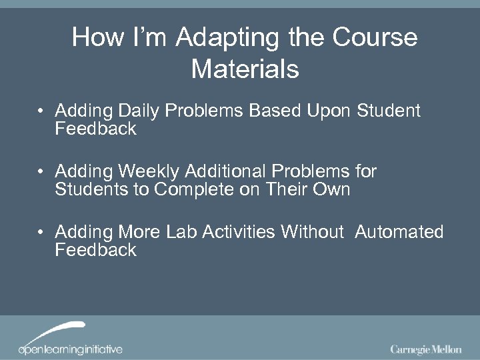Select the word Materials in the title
[x=245, y=69]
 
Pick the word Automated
[x=399, y=232]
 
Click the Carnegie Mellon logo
[x=425, y=349]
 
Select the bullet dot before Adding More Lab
[x=42, y=233]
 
